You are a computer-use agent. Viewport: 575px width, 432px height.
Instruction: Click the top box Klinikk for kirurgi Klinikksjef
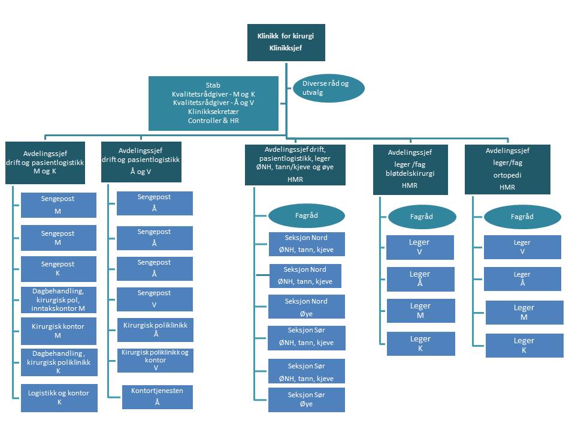(x=286, y=42)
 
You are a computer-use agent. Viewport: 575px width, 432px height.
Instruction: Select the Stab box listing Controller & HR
(x=213, y=103)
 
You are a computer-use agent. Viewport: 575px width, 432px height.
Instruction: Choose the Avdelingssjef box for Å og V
(x=141, y=161)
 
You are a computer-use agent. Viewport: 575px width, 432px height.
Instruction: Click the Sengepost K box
(x=58, y=269)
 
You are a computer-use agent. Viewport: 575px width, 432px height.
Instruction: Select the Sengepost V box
(x=155, y=299)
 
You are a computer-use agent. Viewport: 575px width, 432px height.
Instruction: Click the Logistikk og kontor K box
(x=58, y=398)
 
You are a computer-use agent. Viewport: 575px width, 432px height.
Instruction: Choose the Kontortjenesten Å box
(x=158, y=397)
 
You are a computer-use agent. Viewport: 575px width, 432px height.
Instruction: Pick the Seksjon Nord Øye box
(x=307, y=307)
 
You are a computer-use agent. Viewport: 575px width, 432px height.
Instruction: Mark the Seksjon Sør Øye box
(x=307, y=400)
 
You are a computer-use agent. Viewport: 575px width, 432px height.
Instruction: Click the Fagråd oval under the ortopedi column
(x=522, y=217)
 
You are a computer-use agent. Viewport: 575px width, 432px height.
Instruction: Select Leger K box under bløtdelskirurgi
(x=420, y=344)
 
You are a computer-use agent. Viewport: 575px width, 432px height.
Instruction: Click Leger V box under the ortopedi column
(x=522, y=247)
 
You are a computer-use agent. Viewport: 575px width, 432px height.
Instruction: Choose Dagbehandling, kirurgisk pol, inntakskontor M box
(x=58, y=299)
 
